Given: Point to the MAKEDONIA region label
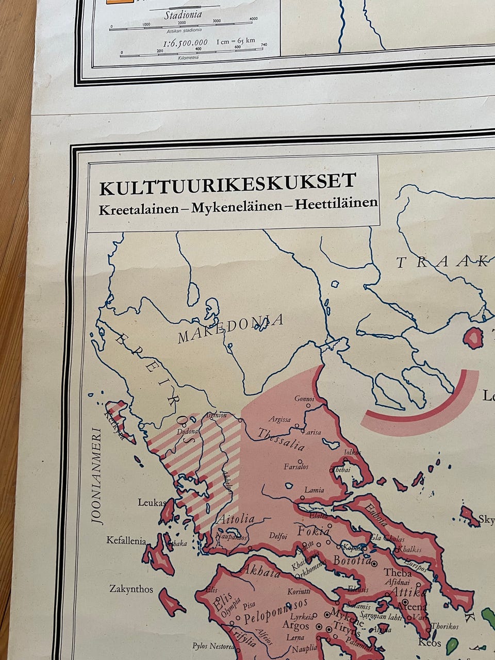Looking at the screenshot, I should tap(230, 328).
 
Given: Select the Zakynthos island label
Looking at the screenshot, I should tap(131, 588).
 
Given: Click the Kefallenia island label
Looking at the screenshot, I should tap(126, 540).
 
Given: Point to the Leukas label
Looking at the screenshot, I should tap(152, 502).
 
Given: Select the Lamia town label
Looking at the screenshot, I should tap(314, 490).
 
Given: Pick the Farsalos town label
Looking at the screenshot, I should tap(296, 467).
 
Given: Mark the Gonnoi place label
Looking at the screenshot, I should tap(304, 399).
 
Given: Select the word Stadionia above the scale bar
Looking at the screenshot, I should tap(183, 15).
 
